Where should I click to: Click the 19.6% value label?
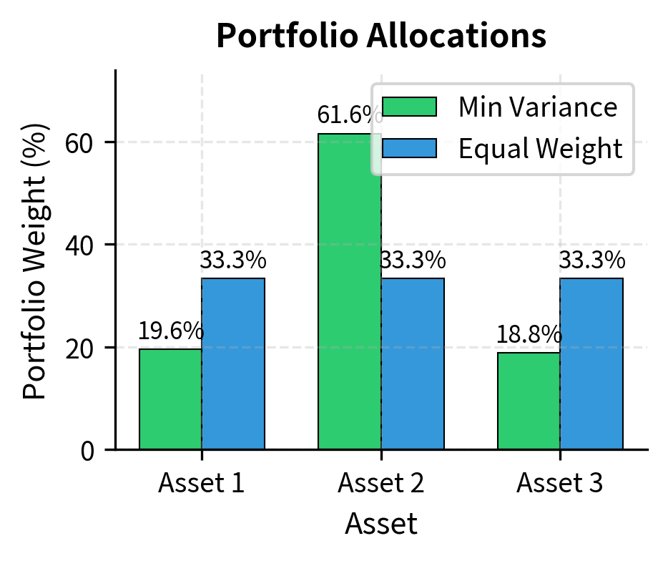point(170,331)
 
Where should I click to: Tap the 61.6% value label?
point(349,114)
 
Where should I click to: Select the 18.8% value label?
point(529,335)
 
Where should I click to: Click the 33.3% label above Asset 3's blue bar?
point(591,261)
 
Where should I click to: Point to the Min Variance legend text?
point(537,107)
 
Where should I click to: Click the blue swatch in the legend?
point(409,148)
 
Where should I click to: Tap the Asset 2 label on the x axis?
point(381,484)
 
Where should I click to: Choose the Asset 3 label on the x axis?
point(560,484)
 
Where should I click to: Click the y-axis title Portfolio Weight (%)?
point(36,261)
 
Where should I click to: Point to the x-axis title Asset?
point(381,525)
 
